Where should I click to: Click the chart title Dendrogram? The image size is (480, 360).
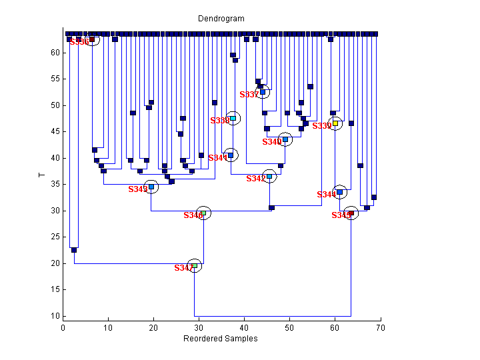[x=221, y=19]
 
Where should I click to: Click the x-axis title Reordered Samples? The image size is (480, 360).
[x=221, y=339]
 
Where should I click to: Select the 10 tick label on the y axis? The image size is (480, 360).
[x=55, y=316]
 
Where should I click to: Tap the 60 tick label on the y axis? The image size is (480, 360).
[x=55, y=53]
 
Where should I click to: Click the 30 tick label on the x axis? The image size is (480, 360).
[x=199, y=327]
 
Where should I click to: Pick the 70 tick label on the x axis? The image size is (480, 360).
[x=380, y=327]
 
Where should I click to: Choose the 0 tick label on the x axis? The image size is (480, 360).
[x=63, y=327]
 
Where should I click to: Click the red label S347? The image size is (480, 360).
[x=183, y=268]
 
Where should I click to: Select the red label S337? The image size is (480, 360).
[x=249, y=95]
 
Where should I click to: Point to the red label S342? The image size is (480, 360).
[x=256, y=179]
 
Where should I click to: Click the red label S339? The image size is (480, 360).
[x=322, y=126]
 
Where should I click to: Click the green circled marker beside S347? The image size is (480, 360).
[x=195, y=266]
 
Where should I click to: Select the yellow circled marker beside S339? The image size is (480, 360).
[x=335, y=123]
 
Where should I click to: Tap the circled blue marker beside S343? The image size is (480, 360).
[x=151, y=187]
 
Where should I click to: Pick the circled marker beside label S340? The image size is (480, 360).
[x=285, y=139]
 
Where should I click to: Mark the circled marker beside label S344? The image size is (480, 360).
[x=339, y=192]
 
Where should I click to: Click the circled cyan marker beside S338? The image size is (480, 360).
[x=233, y=118]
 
